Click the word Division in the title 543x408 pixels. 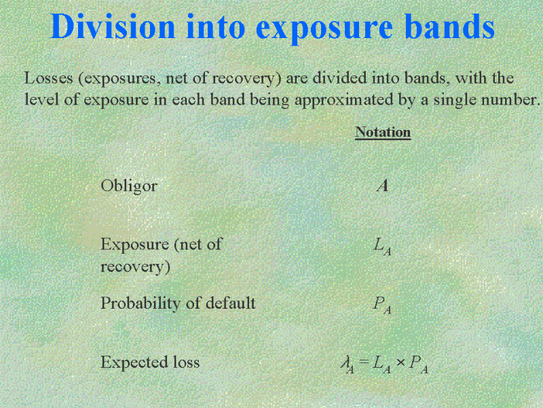[113, 27]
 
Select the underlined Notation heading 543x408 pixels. [383, 132]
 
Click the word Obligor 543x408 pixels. [129, 186]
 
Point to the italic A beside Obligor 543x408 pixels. [383, 186]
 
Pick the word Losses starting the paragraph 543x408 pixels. [49, 78]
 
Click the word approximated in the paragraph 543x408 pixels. [343, 100]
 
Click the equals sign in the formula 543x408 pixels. [363, 362]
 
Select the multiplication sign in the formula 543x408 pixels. [400, 362]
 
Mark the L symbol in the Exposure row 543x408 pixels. [382, 246]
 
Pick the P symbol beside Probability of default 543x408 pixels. [382, 305]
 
